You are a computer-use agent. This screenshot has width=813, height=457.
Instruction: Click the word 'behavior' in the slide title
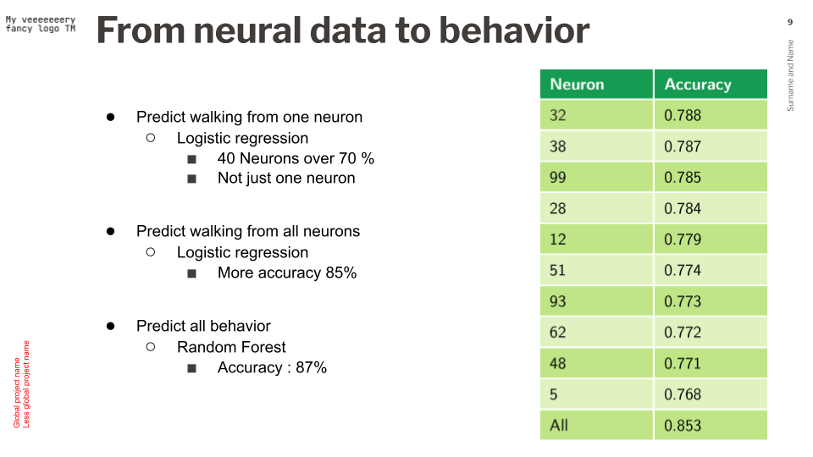[514, 31]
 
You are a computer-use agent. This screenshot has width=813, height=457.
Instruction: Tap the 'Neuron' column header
[577, 85]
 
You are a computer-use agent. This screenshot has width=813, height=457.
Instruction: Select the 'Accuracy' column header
[697, 85]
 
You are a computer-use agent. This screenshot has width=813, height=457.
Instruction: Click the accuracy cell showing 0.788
[683, 115]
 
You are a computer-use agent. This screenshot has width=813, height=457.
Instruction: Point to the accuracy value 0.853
[683, 425]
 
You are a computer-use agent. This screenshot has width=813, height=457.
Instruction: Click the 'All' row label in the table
[559, 425]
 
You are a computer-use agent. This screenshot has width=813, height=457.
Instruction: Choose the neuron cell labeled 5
[554, 394]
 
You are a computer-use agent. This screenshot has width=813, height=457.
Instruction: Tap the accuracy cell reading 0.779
[683, 240]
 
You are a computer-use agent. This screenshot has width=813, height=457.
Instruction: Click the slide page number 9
[790, 22]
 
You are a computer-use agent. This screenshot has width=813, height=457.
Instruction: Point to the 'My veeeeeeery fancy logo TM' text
[41, 25]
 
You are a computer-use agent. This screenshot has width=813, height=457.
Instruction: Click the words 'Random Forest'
[231, 347]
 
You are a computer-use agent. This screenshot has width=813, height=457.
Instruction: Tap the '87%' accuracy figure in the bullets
[311, 367]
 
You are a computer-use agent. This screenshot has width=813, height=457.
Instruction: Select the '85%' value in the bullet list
[341, 273]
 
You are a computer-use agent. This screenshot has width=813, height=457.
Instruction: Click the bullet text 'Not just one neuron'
[286, 178]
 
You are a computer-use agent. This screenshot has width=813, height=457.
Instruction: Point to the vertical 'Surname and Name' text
[791, 75]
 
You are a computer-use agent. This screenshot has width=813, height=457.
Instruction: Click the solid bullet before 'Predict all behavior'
[110, 326]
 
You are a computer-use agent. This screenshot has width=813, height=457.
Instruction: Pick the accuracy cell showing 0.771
[683, 363]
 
